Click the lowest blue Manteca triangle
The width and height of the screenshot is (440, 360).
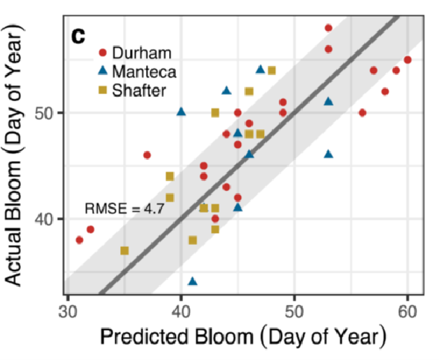pyautogui.click(x=193, y=281)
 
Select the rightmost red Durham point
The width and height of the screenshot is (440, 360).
pyautogui.click(x=407, y=60)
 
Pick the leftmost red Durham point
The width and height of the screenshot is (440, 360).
pyautogui.click(x=79, y=239)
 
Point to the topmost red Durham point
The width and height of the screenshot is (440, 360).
pyautogui.click(x=328, y=28)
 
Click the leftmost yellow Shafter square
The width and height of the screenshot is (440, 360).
pyautogui.click(x=124, y=250)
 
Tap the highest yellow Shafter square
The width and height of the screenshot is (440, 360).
pyautogui.click(x=272, y=70)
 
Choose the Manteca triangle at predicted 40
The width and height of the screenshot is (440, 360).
pyautogui.click(x=181, y=112)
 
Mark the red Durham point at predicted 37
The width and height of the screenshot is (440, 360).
pyautogui.click(x=147, y=155)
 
